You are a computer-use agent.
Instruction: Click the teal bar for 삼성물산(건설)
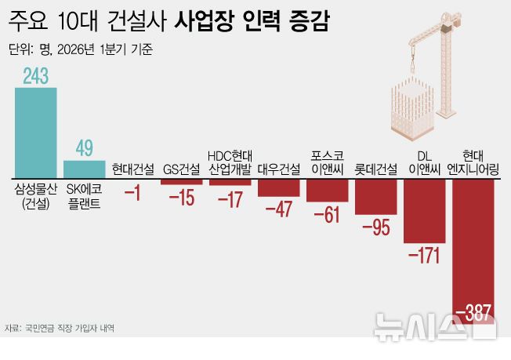tap(35, 132)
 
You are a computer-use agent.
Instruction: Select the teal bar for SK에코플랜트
tap(84, 169)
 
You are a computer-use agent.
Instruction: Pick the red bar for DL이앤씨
tap(424, 209)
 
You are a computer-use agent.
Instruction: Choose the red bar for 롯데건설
tap(375, 195)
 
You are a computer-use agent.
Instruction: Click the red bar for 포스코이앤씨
tap(327, 189)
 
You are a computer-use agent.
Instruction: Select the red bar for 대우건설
tap(278, 187)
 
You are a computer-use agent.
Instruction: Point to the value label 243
tap(35, 76)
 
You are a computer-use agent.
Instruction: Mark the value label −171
tap(424, 256)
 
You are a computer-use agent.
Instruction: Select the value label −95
tap(375, 227)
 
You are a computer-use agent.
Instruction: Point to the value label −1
tap(132, 192)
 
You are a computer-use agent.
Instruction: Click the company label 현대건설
tap(132, 168)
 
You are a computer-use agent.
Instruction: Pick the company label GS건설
tap(181, 168)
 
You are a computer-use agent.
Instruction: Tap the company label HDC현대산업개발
tap(230, 162)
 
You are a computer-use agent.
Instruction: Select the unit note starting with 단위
tap(80, 49)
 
